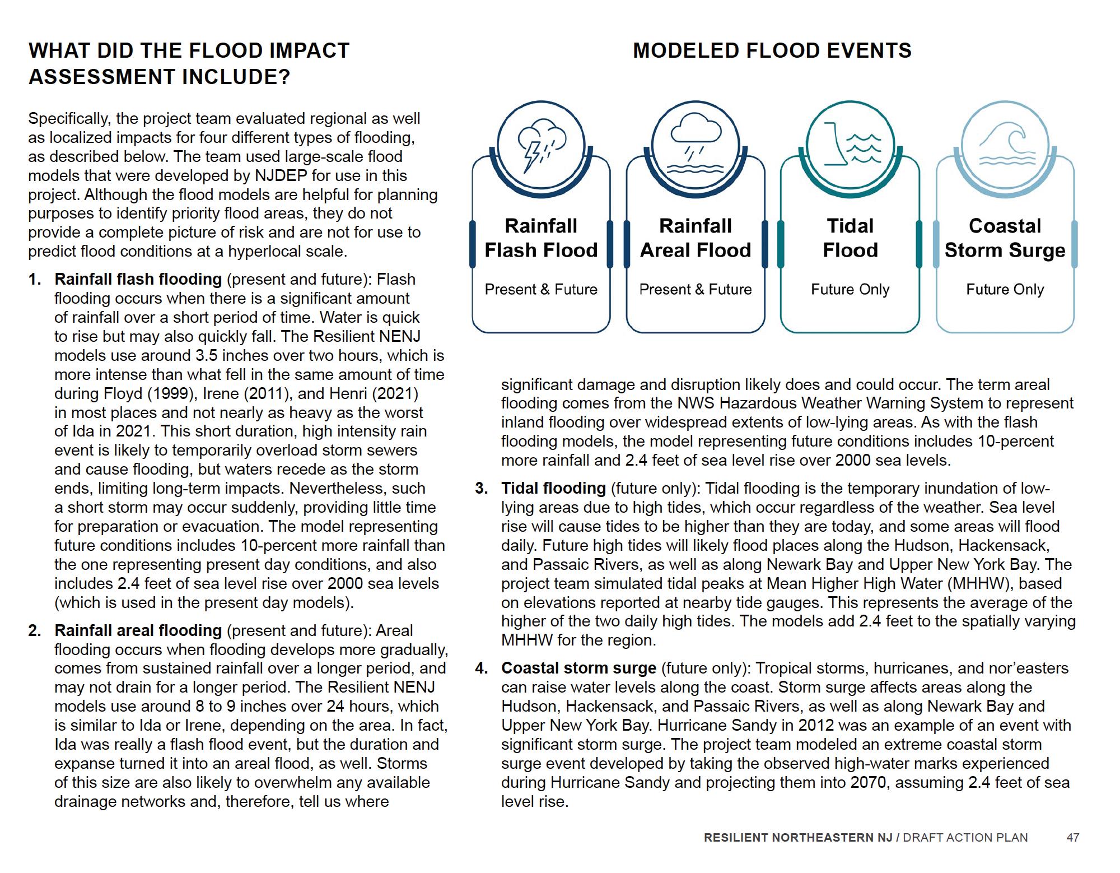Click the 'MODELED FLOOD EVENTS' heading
(x=772, y=50)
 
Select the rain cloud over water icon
(x=695, y=145)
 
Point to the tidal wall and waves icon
(x=850, y=145)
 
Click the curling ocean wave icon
(x=1005, y=145)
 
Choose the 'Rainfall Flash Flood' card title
(x=541, y=238)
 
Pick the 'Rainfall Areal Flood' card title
(x=696, y=238)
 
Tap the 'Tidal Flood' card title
(x=850, y=238)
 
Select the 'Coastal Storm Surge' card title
(x=1005, y=238)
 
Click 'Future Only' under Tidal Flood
(x=850, y=289)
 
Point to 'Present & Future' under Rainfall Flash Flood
(x=541, y=289)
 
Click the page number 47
(x=1072, y=838)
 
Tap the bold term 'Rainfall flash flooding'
(x=138, y=279)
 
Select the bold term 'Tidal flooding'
(x=553, y=488)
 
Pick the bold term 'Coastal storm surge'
(x=578, y=668)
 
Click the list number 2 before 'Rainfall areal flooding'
(x=35, y=630)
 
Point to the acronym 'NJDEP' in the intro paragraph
(x=281, y=175)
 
